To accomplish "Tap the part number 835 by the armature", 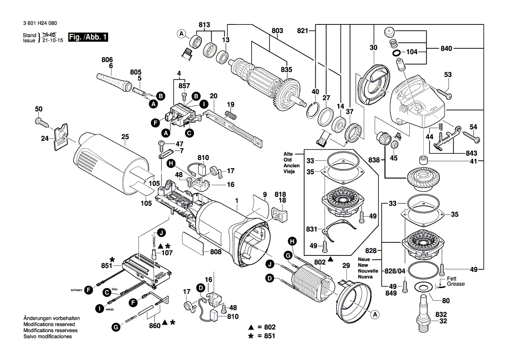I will pyautogui.click(x=286, y=69).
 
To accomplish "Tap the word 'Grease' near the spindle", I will pyautogui.click(x=455, y=284).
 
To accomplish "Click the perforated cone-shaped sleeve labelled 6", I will pyautogui.click(x=112, y=81).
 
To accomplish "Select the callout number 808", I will pyautogui.click(x=216, y=252).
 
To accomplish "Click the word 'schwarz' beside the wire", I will pyautogui.click(x=76, y=290).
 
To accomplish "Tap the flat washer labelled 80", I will pyautogui.click(x=422, y=287).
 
